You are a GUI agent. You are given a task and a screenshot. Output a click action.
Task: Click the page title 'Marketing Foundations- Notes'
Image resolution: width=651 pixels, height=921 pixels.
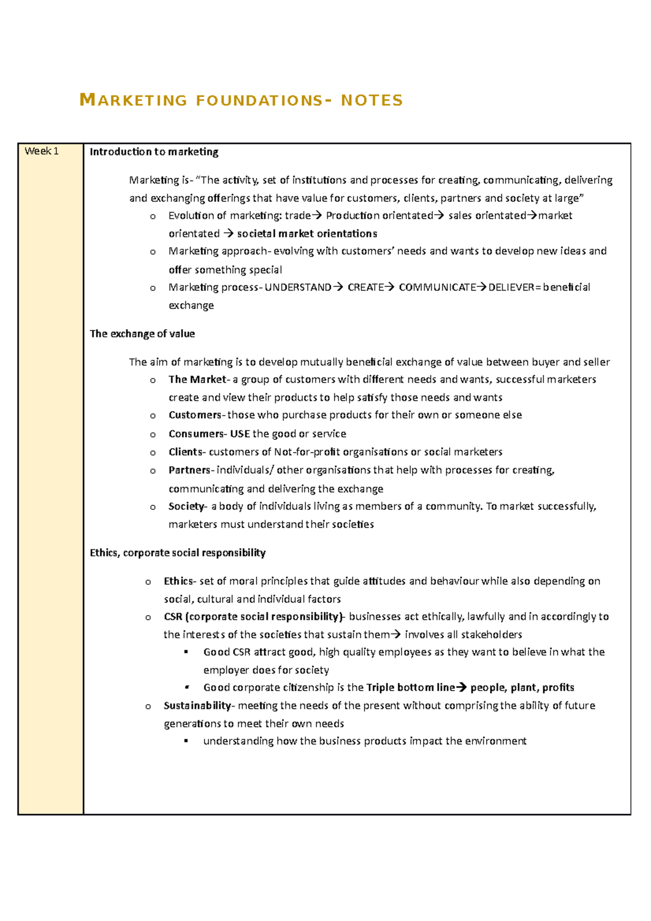coord(241,100)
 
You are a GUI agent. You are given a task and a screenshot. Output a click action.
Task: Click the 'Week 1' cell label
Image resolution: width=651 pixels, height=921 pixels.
coord(41,151)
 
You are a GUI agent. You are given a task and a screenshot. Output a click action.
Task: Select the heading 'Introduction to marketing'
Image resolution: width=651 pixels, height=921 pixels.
coord(154,152)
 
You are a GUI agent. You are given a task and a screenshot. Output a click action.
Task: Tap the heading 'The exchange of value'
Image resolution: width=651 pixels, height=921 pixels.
coord(142,334)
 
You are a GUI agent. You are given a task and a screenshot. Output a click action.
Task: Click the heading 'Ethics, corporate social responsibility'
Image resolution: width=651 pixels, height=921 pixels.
coord(177,553)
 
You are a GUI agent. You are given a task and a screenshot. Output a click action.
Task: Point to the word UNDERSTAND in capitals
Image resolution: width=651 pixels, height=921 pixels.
coord(297,287)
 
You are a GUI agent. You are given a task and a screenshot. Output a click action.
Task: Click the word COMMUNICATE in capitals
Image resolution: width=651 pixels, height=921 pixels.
coord(437,287)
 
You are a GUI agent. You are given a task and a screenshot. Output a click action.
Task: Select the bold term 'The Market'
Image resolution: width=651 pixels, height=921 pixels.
coord(197,379)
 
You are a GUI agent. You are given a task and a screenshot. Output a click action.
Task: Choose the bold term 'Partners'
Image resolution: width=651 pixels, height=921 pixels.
coord(189,470)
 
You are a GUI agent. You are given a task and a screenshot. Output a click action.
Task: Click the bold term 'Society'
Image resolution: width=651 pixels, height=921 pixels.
coord(186,506)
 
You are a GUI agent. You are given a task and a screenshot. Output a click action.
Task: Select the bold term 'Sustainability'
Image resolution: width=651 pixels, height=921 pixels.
coord(197,706)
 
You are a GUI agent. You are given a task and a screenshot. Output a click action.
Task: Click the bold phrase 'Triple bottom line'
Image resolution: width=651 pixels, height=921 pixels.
coord(410,688)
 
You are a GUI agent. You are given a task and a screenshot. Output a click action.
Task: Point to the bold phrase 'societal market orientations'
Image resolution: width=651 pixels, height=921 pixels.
coord(307,234)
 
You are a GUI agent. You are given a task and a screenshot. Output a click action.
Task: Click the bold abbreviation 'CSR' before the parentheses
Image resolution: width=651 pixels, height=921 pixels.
coord(173,617)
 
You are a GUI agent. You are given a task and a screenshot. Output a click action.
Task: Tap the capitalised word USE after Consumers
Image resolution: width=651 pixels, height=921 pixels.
coord(240,434)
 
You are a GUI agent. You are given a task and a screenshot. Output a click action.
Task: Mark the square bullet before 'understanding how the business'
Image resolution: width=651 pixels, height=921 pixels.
coord(186,741)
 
